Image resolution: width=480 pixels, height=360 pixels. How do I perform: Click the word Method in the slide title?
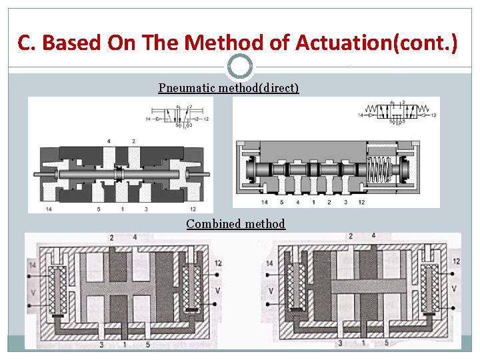(x=222, y=43)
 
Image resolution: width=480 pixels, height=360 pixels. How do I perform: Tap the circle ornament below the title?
(x=240, y=67)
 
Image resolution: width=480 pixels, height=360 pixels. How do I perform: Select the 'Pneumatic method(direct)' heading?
(x=229, y=88)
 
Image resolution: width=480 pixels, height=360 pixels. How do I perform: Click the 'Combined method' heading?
(x=235, y=224)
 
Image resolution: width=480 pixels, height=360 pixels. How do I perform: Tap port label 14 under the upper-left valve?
(x=49, y=209)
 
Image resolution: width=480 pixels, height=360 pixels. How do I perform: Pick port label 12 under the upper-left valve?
(x=192, y=209)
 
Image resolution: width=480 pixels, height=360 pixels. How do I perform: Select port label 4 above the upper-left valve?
(x=109, y=141)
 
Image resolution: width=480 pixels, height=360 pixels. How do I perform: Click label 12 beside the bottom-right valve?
(x=457, y=261)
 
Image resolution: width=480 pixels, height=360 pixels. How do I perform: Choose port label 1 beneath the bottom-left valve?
(x=125, y=344)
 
